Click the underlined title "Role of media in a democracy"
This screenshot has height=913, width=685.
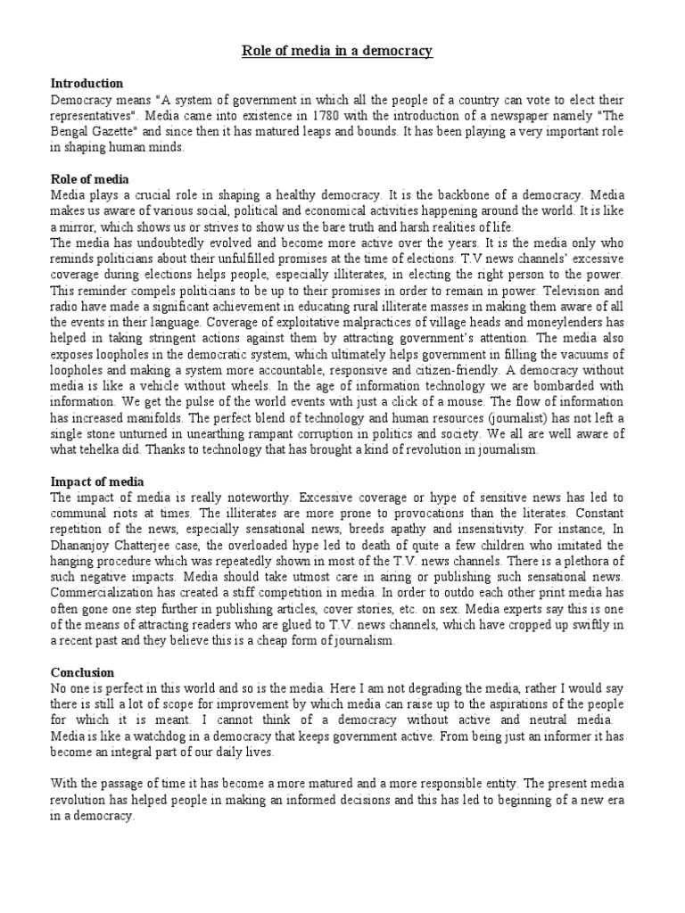[x=337, y=51]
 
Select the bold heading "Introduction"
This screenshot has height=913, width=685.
[x=87, y=84]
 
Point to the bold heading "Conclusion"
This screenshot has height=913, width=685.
[x=83, y=671]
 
